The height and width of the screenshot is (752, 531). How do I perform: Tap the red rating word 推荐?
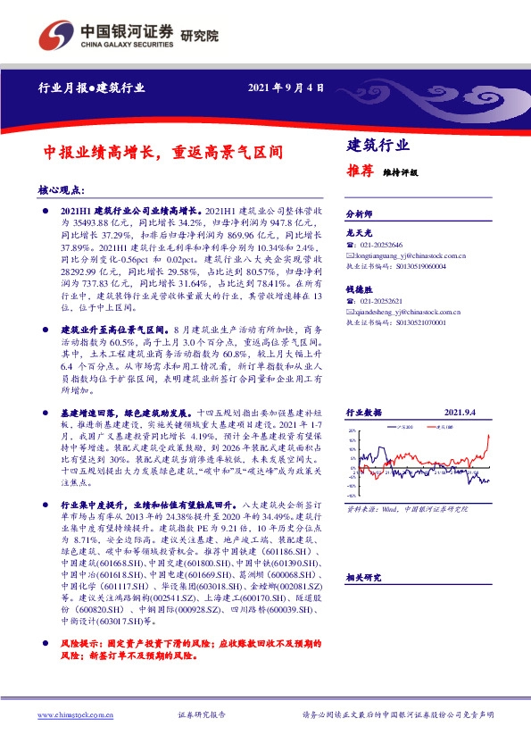click(x=359, y=172)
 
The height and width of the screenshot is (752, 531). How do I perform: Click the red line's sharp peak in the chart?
click(x=489, y=435)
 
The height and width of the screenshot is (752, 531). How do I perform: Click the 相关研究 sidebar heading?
click(x=362, y=579)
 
